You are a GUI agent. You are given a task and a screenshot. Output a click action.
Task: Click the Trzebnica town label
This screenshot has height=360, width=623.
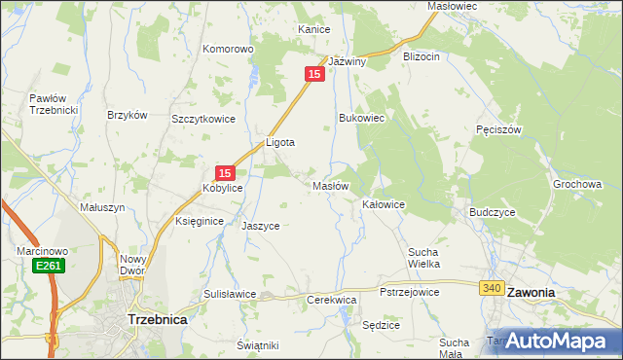tap(158, 318)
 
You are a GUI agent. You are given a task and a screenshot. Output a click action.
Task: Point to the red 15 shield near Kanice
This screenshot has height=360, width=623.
tap(313, 74)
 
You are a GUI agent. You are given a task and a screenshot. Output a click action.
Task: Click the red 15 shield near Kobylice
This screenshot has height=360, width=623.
tap(224, 171)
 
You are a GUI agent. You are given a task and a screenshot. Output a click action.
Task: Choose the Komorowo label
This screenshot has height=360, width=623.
tap(228, 49)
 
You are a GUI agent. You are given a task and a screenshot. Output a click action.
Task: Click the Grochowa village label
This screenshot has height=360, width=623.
tap(578, 184)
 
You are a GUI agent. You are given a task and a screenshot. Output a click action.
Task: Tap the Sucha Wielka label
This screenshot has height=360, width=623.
tap(424, 257)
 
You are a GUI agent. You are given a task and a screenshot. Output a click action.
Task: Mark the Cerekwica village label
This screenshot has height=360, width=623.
tap(331, 301)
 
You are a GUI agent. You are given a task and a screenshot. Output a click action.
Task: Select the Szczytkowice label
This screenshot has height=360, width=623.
tap(203, 119)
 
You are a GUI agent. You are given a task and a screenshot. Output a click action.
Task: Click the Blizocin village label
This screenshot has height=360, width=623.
tap(421, 56)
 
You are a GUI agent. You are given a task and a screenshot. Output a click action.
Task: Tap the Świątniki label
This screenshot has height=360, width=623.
tap(258, 345)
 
